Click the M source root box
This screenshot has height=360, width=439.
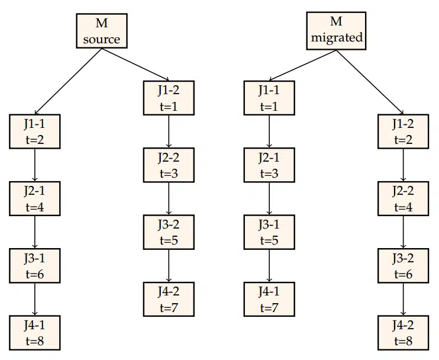[x=101, y=32]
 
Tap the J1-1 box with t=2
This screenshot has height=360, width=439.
[x=34, y=131]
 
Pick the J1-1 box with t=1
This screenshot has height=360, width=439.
[x=269, y=98]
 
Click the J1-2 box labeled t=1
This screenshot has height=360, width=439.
[x=169, y=98]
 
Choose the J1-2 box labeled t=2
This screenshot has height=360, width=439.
[x=404, y=131]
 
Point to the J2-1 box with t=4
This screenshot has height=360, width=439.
[x=34, y=199]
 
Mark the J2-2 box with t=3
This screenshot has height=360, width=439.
[x=169, y=165]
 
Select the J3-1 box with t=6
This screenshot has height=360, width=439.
[x=34, y=266]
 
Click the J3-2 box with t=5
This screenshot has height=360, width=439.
[x=169, y=232]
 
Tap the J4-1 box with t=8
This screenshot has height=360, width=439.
[x=34, y=333]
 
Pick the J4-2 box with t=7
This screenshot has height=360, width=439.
[x=169, y=299]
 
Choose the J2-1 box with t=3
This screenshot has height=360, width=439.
[x=269, y=165]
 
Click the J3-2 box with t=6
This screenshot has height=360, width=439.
[x=404, y=266]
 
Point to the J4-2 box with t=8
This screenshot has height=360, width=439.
[x=404, y=333]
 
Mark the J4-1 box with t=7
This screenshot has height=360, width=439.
[x=269, y=299]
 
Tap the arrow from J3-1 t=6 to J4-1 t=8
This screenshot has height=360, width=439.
[x=34, y=300]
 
